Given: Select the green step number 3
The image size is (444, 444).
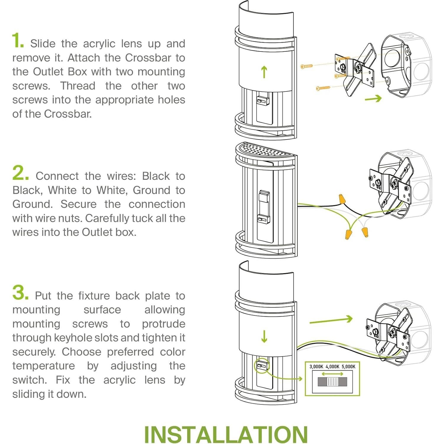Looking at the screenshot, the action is [20, 292].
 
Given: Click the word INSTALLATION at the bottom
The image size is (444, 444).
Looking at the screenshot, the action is [226, 435].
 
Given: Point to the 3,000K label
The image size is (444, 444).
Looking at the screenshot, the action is [316, 366].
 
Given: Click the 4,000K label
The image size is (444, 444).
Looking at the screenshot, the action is [332, 366].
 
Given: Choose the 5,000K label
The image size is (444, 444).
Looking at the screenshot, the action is [348, 366].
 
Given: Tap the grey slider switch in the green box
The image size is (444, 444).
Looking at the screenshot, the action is [332, 382].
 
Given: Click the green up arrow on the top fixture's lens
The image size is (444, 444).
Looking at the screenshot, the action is [264, 72].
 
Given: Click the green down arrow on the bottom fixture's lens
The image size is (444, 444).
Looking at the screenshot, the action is [264, 336].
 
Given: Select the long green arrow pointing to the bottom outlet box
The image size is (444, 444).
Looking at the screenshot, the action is [331, 320].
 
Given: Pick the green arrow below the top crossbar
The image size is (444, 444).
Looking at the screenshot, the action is [373, 99].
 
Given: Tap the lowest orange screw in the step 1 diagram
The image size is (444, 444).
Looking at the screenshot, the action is [323, 88].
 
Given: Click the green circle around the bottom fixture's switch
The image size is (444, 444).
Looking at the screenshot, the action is [262, 366].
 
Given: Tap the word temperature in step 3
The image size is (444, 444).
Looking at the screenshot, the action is [44, 366].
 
